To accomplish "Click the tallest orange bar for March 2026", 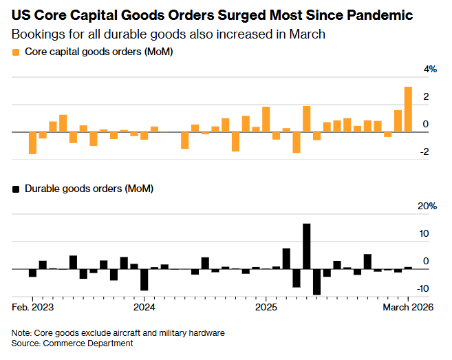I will click(408, 109).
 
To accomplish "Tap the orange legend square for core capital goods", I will click(15, 52).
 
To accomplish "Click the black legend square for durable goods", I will click(15, 188).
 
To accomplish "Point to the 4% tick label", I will click(430, 70).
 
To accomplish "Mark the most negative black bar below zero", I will click(317, 282).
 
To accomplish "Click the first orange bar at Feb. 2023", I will click(32, 143).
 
